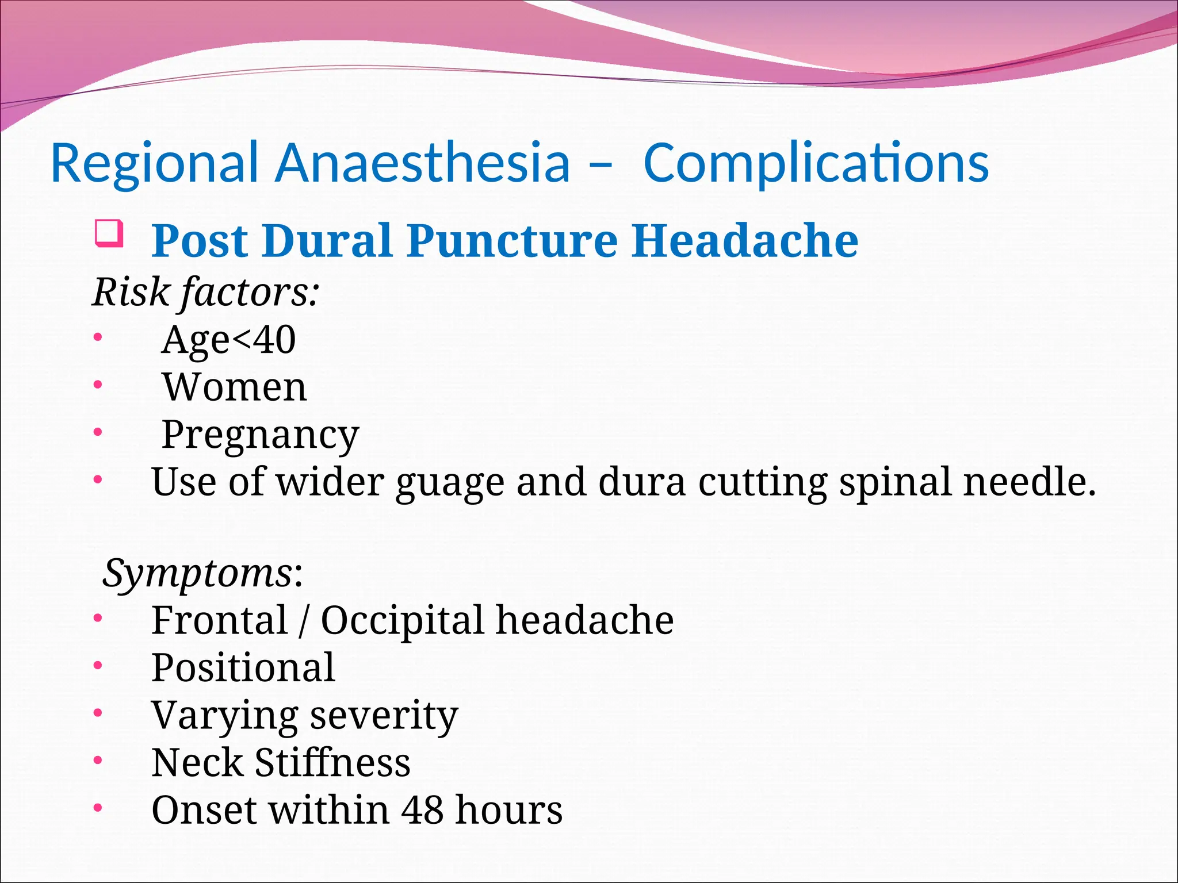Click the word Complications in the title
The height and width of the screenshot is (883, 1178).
pyautogui.click(x=816, y=164)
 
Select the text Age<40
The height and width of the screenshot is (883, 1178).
pyautogui.click(x=229, y=340)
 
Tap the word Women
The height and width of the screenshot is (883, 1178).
pyautogui.click(x=235, y=387)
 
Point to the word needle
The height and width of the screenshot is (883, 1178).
pyautogui.click(x=1029, y=481)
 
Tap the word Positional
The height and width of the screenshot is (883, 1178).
pyautogui.click(x=243, y=668)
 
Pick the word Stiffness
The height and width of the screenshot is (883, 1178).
pyautogui.click(x=332, y=763)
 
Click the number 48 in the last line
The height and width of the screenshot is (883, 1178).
pyautogui.click(x=422, y=810)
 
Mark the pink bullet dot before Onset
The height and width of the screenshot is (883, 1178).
pyautogui.click(x=98, y=808)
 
